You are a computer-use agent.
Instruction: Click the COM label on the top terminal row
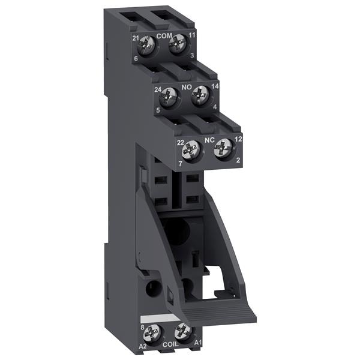164,37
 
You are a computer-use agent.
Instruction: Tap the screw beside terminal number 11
177,47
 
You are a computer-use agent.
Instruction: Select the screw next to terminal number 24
170,96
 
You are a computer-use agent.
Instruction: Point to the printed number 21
136,38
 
